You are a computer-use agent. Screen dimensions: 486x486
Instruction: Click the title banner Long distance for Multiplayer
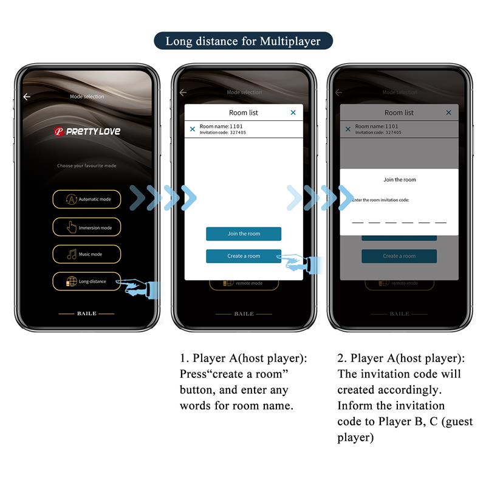point(242,41)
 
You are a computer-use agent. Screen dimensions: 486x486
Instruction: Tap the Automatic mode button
point(86,199)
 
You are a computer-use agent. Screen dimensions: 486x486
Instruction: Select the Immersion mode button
point(86,227)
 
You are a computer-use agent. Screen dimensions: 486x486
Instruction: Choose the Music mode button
point(86,254)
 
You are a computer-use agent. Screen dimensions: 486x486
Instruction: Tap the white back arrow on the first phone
point(27,97)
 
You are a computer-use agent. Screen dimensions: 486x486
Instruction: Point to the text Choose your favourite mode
point(86,165)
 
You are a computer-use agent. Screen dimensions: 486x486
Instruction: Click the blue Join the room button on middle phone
point(243,234)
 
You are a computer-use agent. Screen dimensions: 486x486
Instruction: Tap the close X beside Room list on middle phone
point(293,112)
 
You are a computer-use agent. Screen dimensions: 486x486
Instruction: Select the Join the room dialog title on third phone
point(400,180)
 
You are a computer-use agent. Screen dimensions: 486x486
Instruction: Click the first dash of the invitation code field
point(358,222)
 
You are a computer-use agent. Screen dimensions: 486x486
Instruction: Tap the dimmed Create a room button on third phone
point(399,256)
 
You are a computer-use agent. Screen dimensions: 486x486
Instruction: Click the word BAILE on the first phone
point(86,313)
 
